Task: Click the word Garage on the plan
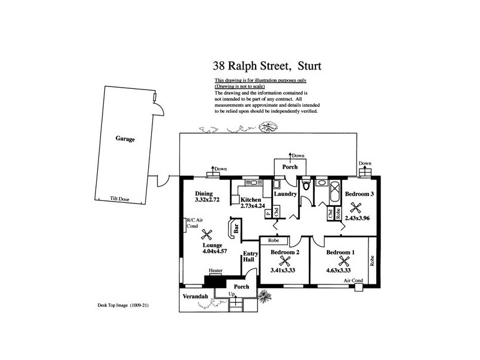[x=125, y=139]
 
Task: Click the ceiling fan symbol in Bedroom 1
[x=344, y=262]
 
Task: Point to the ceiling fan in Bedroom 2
[x=284, y=262]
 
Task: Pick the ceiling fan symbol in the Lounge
[x=208, y=236]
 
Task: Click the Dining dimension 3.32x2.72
[x=207, y=201]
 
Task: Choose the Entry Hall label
[x=250, y=259]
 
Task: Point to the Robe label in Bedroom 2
[x=274, y=240]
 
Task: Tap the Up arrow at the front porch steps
[x=231, y=295]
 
